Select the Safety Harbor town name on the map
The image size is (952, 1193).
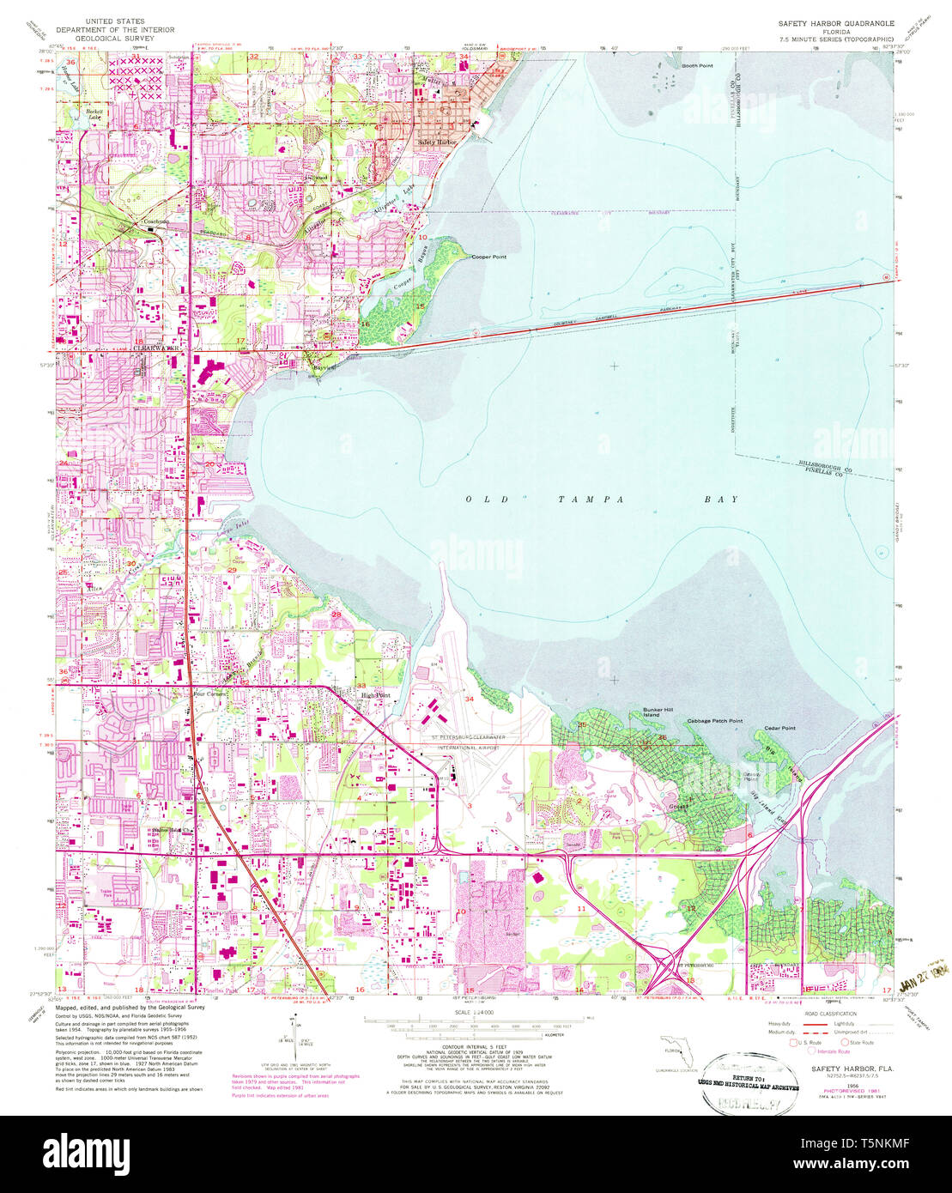[437, 142]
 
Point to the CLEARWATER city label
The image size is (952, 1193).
[155, 348]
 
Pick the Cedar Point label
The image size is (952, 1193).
[779, 728]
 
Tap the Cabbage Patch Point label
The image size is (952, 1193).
[714, 721]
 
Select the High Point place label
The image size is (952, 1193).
[376, 695]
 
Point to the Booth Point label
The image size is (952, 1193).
[697, 65]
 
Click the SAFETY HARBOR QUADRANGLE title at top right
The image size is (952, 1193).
[836, 24]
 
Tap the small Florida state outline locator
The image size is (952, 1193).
[675, 1048]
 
